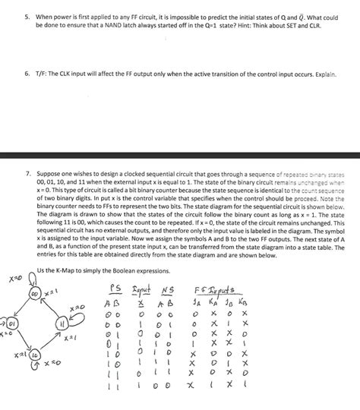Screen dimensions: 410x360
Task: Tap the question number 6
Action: tap(24, 75)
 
